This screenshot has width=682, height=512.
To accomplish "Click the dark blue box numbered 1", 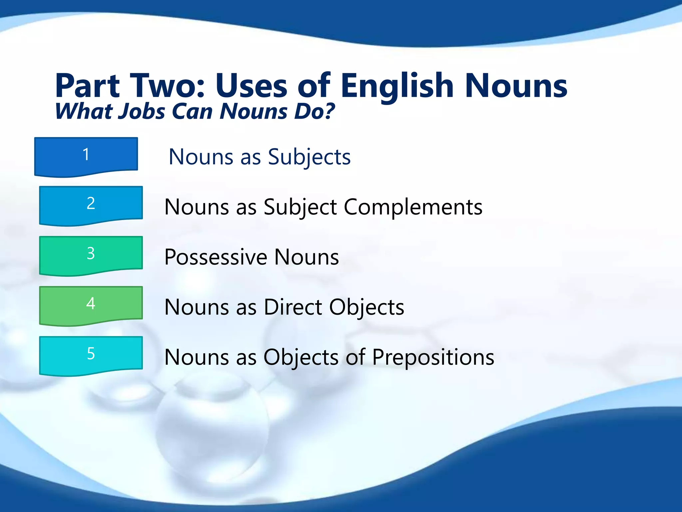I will point(86,155).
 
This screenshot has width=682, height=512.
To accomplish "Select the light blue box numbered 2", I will point(91,204).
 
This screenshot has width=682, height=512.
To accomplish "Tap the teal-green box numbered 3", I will point(91,254).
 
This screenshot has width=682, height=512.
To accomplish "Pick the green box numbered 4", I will point(91,304).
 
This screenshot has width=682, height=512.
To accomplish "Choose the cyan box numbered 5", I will point(91,354).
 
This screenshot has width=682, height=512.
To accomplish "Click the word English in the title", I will point(397,87).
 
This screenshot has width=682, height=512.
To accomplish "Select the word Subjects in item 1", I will point(309,157).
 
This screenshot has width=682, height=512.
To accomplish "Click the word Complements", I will point(413,207).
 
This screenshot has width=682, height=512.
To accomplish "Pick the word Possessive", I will point(215,257).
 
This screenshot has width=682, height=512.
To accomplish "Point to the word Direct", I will point(293,307).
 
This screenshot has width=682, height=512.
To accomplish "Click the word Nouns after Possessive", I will point(306,257).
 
